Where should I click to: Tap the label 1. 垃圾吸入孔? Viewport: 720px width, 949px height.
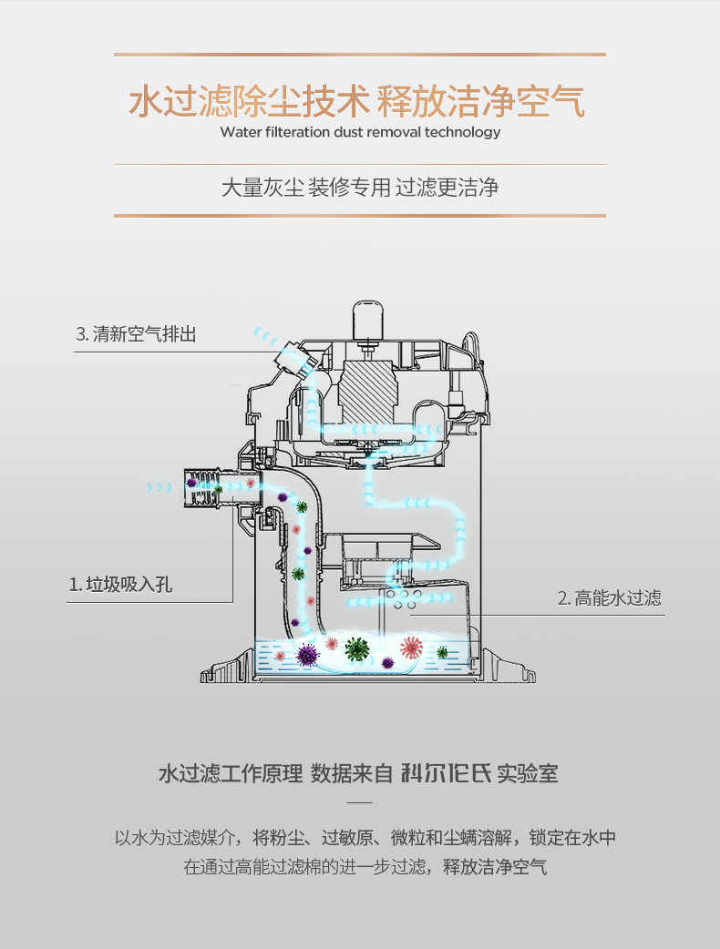[x=121, y=584]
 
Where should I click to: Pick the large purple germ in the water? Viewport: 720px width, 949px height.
[x=307, y=654]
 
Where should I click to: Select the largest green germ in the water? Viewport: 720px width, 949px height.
[x=356, y=648]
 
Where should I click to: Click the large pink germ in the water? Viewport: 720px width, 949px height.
[x=412, y=648]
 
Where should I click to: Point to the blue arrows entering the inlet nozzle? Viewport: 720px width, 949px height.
[x=159, y=488]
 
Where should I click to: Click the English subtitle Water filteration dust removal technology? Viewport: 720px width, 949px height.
[x=360, y=132]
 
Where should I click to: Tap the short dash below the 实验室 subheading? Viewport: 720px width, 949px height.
[x=360, y=802]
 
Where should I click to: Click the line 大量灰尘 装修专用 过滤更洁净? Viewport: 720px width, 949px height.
[x=360, y=189]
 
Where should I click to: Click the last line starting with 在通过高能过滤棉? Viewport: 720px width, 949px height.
[x=365, y=866]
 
